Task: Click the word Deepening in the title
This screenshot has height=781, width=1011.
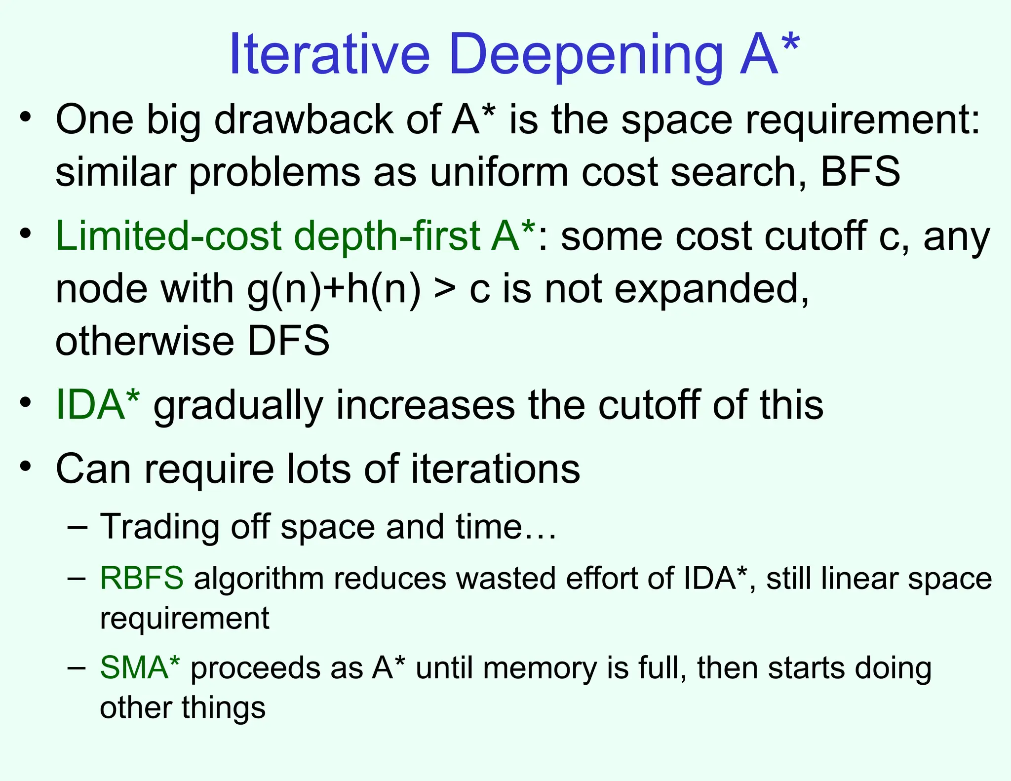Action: pyautogui.click(x=586, y=55)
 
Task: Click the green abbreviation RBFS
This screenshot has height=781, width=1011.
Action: pyautogui.click(x=142, y=578)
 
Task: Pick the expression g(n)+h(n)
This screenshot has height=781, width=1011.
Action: pyautogui.click(x=334, y=289)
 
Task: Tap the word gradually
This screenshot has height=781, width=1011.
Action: pyautogui.click(x=238, y=406)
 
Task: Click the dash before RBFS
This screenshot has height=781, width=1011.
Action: pyautogui.click(x=77, y=578)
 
